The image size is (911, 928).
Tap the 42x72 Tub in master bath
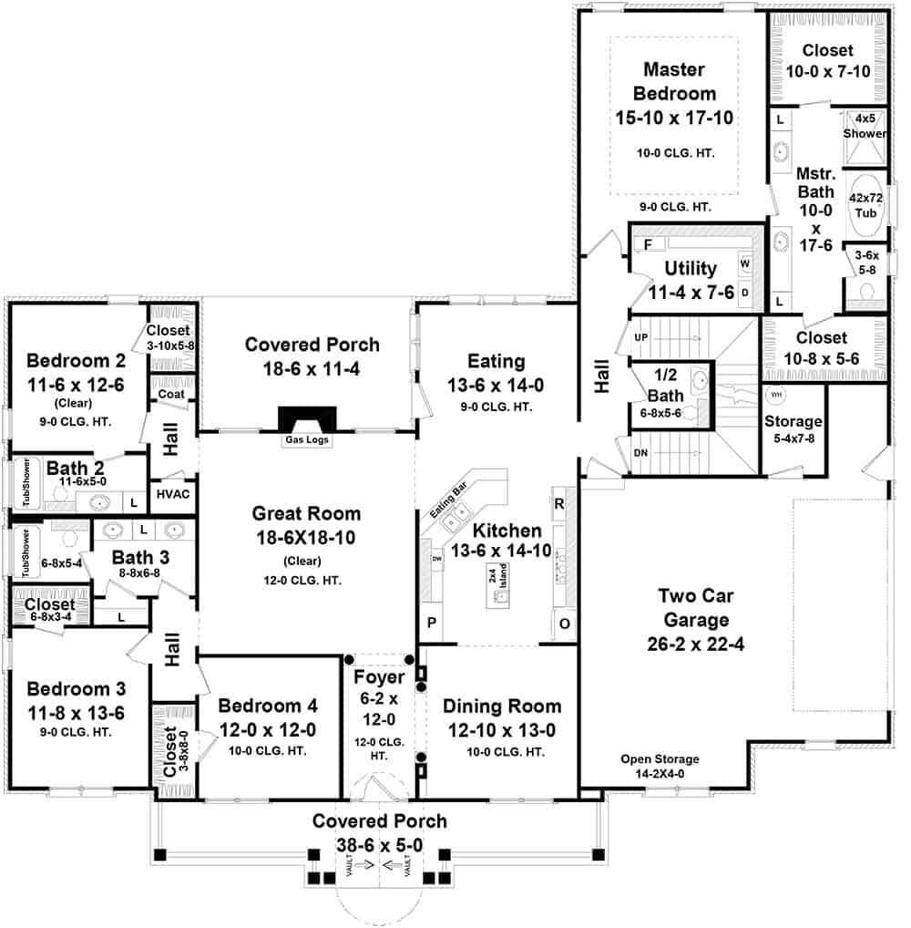[865, 205]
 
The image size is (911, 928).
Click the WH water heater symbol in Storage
[776, 395]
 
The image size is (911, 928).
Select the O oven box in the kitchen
[562, 624]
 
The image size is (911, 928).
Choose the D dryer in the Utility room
[744, 292]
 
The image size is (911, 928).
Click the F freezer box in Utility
[648, 245]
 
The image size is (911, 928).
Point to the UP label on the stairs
[640, 337]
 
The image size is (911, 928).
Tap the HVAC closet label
[172, 494]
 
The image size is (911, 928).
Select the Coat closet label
[171, 395]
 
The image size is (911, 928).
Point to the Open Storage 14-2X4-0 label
[660, 765]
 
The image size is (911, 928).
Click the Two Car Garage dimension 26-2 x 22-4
[695, 644]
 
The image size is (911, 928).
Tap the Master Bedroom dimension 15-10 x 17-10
[675, 117]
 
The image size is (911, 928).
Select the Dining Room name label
[501, 706]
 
